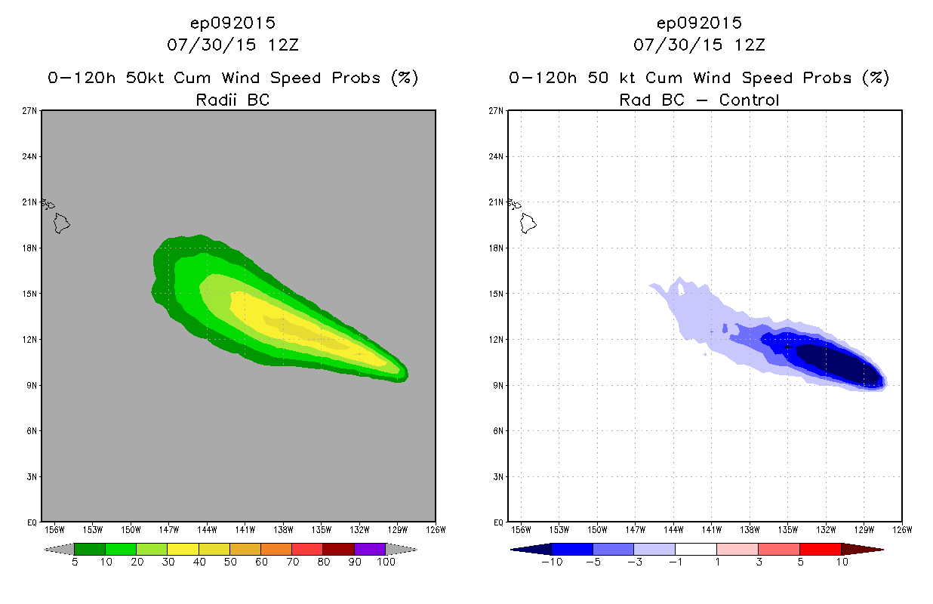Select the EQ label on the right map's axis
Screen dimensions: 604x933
click(x=499, y=522)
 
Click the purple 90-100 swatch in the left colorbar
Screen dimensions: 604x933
click(x=370, y=549)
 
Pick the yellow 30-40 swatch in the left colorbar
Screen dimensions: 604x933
click(x=183, y=549)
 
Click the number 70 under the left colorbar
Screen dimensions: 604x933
click(x=291, y=562)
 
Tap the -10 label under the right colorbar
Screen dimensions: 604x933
click(x=550, y=562)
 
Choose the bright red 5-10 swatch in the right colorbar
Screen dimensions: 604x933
click(x=820, y=549)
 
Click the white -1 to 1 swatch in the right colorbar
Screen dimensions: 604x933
click(x=695, y=549)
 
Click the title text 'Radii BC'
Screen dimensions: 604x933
click(x=232, y=99)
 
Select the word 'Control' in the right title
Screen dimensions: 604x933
click(x=749, y=99)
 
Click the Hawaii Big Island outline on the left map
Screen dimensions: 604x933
click(x=61, y=223)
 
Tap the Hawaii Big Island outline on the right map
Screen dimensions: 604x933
click(x=528, y=223)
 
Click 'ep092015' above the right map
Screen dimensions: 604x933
click(x=699, y=23)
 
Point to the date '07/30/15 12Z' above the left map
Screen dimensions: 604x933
click(x=232, y=45)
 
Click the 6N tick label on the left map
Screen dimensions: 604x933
click(x=32, y=430)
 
